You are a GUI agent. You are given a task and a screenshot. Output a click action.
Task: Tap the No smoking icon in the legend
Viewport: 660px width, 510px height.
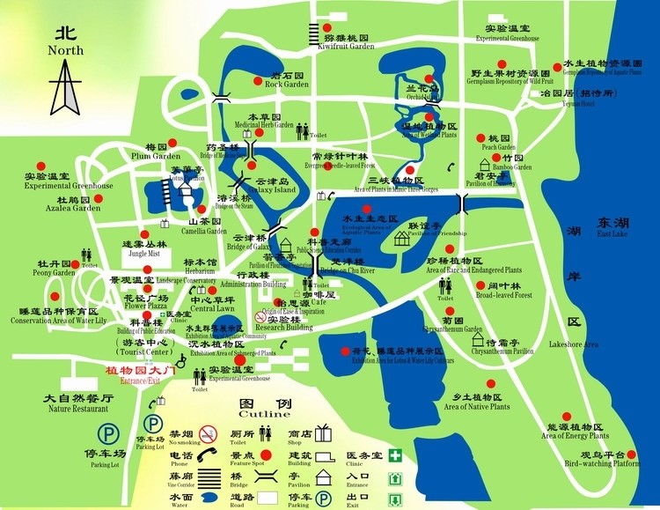pyautogui.click(x=208, y=433)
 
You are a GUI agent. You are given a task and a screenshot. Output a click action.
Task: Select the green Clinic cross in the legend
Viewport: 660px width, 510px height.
pyautogui.click(x=397, y=455)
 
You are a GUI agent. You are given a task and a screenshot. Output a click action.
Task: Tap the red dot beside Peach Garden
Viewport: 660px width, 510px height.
pyautogui.click(x=481, y=139)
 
